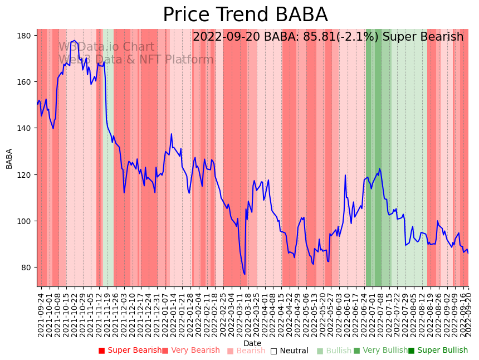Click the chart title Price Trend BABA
point(245,15)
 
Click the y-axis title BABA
point(9,158)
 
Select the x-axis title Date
point(252,343)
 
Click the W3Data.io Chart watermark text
point(106,47)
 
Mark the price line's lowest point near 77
point(245,274)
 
